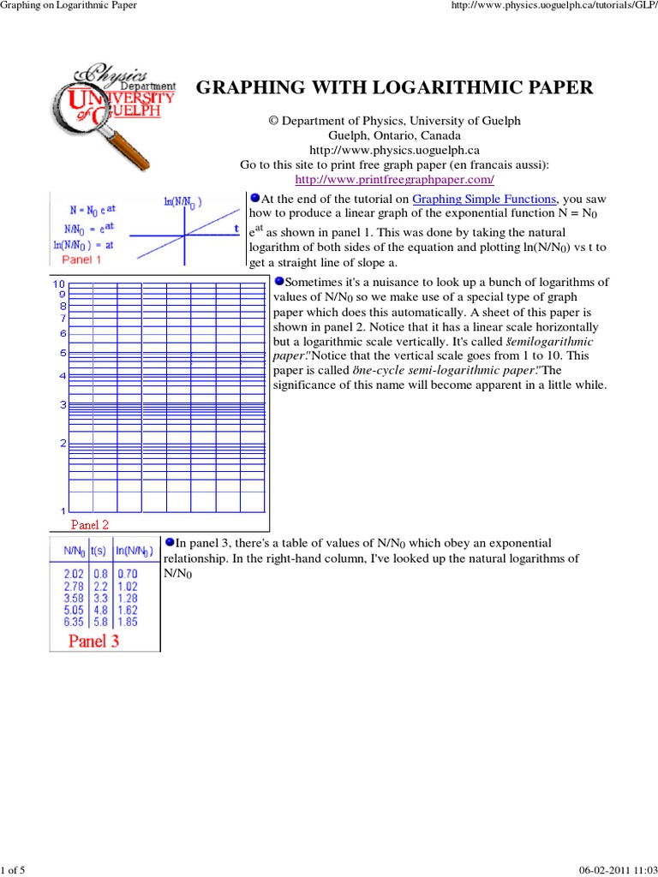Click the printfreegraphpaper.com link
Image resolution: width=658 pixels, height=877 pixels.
[x=395, y=179]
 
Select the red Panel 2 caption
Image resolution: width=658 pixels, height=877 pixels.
[x=90, y=523]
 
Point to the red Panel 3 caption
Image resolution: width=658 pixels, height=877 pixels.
[x=93, y=641]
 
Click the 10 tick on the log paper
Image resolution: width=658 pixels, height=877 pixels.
[x=59, y=284]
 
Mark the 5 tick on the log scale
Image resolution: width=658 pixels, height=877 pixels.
[x=63, y=353]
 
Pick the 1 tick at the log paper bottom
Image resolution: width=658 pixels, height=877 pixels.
[x=63, y=511]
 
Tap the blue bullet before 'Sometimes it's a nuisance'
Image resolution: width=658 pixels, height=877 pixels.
[x=278, y=281]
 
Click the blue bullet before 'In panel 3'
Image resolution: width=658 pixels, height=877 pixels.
[x=170, y=541]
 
